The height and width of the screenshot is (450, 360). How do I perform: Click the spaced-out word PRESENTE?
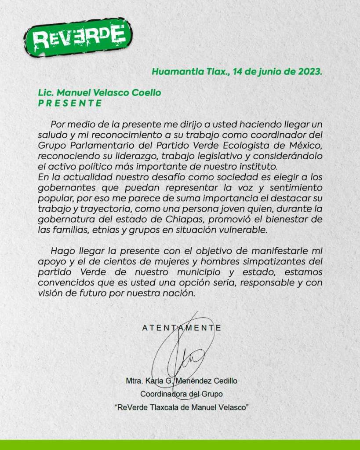pos(70,103)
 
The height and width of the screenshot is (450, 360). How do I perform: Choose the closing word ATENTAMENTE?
pos(182,328)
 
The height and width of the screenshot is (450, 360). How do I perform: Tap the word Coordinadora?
pos(161,394)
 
